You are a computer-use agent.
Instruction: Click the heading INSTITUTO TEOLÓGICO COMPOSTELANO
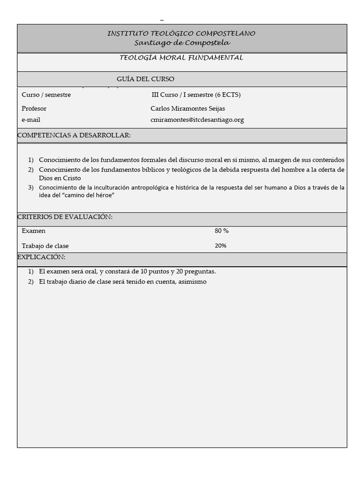click(181, 34)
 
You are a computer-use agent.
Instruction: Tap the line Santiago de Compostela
click(182, 43)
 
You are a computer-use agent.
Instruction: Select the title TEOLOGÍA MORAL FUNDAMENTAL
click(181, 58)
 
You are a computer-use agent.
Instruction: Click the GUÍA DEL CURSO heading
click(145, 79)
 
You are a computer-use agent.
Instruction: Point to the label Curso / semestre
click(46, 95)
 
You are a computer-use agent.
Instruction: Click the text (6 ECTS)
click(228, 95)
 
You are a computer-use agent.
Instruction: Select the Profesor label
click(34, 109)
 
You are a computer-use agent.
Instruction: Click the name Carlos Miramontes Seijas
click(187, 109)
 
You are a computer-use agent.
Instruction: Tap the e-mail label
click(31, 120)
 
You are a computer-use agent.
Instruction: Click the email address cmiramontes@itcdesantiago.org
click(197, 120)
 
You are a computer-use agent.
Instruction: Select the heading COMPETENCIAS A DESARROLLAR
click(74, 135)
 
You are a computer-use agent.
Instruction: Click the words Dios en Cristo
click(60, 179)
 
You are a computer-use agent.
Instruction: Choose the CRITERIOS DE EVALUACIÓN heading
click(65, 217)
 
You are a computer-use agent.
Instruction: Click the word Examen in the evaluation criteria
click(33, 231)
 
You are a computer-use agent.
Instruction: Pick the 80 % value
click(222, 231)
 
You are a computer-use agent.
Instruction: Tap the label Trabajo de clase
click(45, 246)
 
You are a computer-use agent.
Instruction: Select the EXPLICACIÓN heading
click(41, 257)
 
